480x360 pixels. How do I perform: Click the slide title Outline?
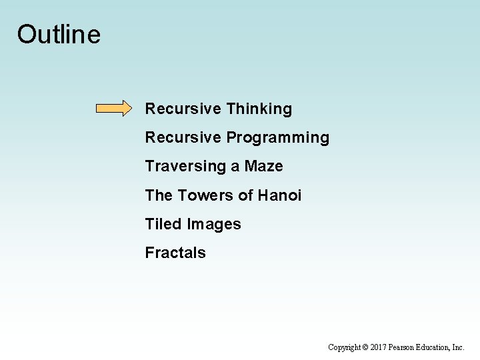[59, 35]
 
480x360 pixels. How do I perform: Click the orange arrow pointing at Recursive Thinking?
[114, 109]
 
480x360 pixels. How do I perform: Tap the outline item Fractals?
[175, 253]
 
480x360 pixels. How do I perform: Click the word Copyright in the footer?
[345, 347]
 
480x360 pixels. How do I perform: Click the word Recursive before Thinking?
[183, 109]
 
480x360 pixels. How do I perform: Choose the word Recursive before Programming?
[183, 138]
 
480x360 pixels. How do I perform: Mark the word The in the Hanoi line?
[159, 195]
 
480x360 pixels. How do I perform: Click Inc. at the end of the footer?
[459, 347]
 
